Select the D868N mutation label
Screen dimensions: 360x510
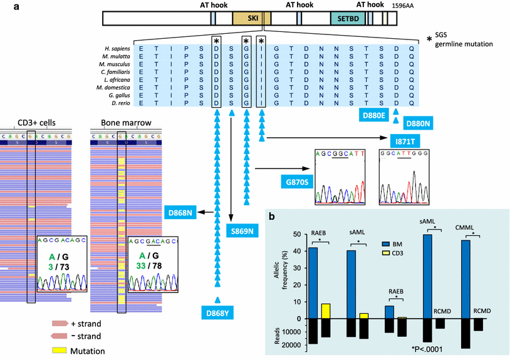[180, 214]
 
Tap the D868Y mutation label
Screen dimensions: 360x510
[216, 314]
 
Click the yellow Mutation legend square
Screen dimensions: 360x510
[63, 349]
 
